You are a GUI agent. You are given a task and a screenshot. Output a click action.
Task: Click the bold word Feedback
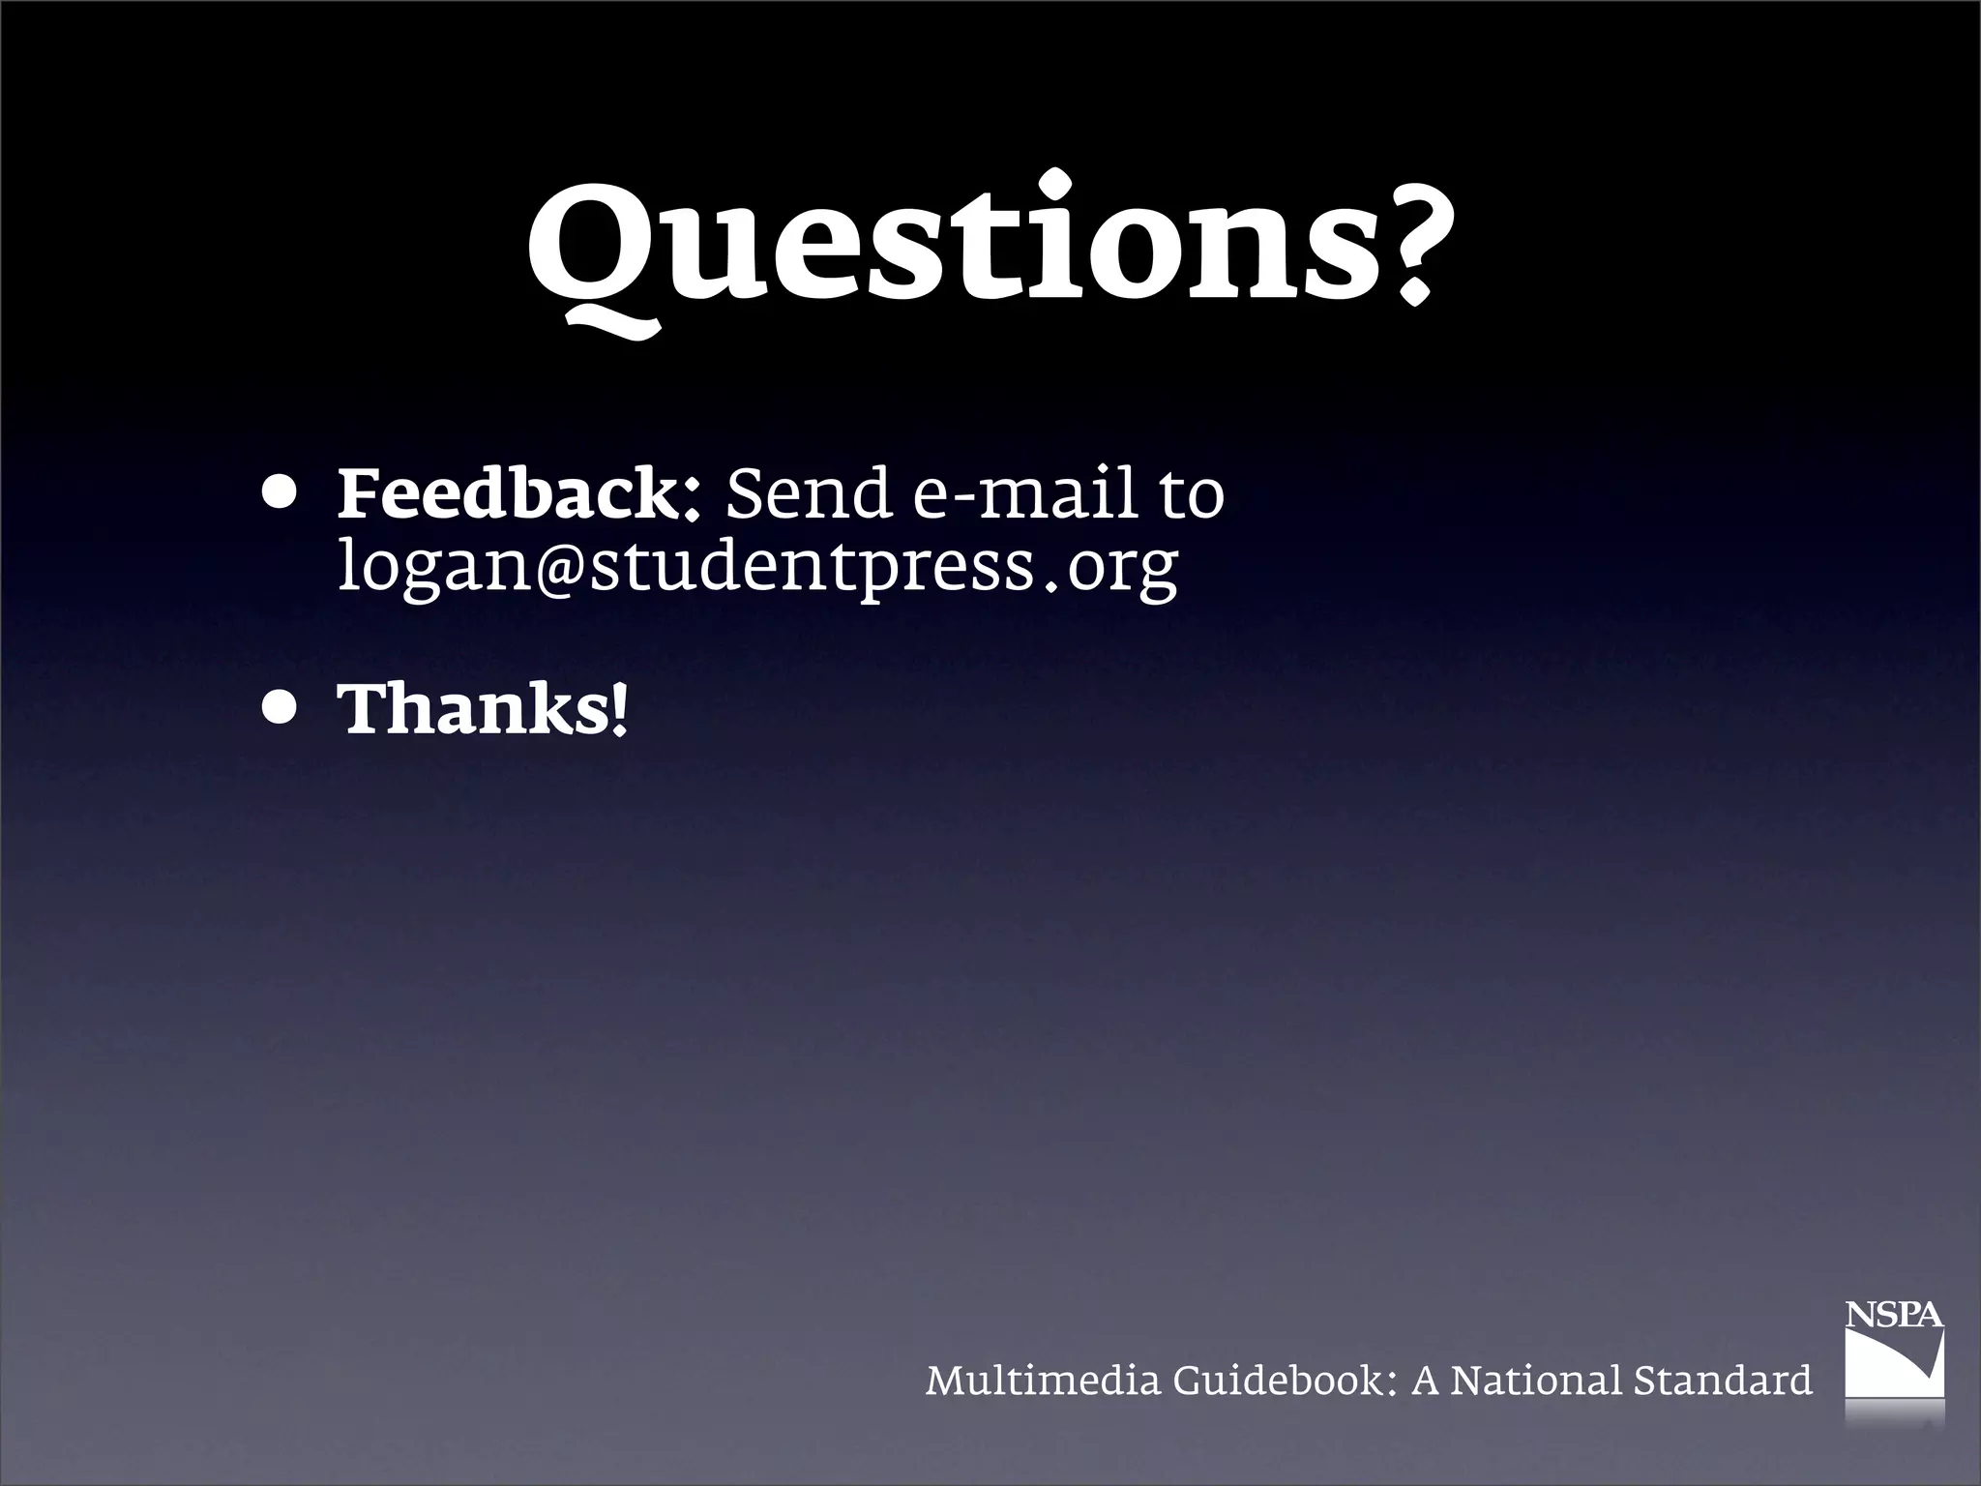507,494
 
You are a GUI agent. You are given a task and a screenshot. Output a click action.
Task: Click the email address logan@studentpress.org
758,567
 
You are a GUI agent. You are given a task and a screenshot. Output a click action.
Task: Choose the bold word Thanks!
483,709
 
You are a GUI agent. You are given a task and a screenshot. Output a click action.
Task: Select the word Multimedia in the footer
1042,1381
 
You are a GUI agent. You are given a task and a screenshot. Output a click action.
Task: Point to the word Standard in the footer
1723,1381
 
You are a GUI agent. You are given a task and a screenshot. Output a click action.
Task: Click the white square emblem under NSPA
1894,1363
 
